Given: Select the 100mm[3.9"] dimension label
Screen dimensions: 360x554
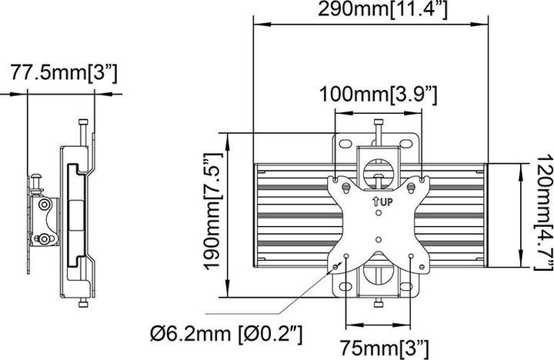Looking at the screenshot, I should point(379,95).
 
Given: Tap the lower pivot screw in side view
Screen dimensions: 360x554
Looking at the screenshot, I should point(47,239).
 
